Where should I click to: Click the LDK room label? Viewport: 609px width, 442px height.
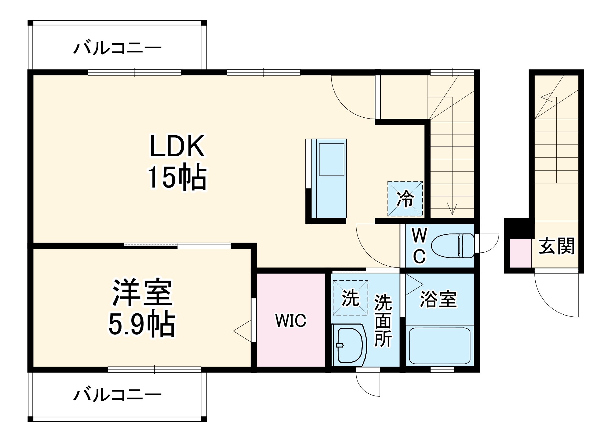click(177, 147)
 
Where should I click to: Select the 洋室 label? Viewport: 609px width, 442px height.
click(142, 293)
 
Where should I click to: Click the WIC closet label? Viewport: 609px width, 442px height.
click(290, 320)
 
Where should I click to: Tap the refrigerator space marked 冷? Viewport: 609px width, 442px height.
click(405, 199)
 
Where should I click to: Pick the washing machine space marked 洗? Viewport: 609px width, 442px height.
click(350, 298)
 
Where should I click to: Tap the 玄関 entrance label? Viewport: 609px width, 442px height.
click(557, 246)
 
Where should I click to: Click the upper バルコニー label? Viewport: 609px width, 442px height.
click(118, 48)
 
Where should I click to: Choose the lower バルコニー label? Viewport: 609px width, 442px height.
click(118, 395)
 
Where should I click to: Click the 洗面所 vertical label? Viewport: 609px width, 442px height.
click(383, 320)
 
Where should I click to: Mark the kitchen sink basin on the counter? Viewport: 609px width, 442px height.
click(331, 159)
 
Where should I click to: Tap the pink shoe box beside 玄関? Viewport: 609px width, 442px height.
click(520, 253)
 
